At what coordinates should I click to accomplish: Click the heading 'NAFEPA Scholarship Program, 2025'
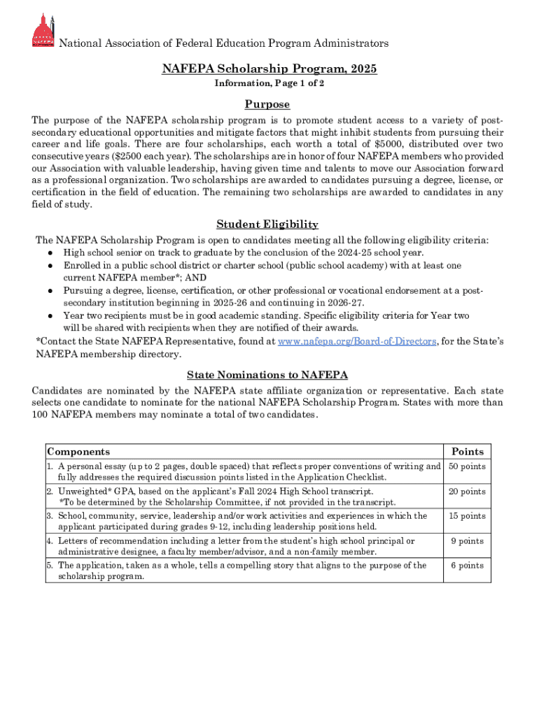click(269, 69)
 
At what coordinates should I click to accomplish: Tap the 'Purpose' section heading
click(267, 104)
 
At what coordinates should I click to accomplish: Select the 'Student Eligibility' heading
click(267, 224)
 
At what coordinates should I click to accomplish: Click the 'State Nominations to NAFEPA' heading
click(267, 375)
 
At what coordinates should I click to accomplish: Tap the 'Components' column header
click(78, 452)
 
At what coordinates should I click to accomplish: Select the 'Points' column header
click(467, 452)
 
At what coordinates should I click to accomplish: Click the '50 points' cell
click(467, 467)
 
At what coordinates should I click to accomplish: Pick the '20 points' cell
click(467, 492)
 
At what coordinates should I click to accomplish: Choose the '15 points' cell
click(467, 517)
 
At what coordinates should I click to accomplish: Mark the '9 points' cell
click(467, 541)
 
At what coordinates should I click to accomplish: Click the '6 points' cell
click(467, 566)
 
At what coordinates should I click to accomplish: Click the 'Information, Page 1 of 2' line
click(269, 83)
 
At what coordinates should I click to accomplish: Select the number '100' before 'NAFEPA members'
click(41, 415)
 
